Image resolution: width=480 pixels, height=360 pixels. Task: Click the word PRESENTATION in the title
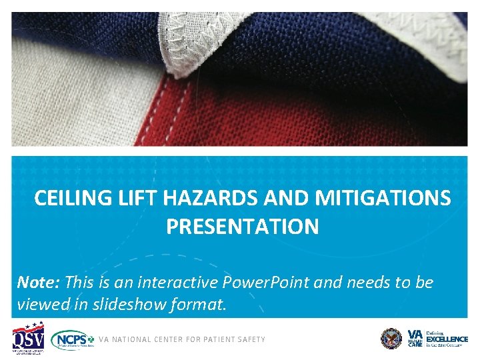(243, 227)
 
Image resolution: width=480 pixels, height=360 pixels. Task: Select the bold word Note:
(39, 282)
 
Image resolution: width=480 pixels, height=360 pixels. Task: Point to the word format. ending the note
(203, 305)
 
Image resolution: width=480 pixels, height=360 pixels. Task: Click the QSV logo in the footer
(28, 338)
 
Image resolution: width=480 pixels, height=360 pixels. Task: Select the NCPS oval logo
(73, 339)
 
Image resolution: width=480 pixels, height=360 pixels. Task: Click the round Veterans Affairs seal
(391, 339)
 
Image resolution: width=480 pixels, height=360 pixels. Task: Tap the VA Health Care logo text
(415, 339)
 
